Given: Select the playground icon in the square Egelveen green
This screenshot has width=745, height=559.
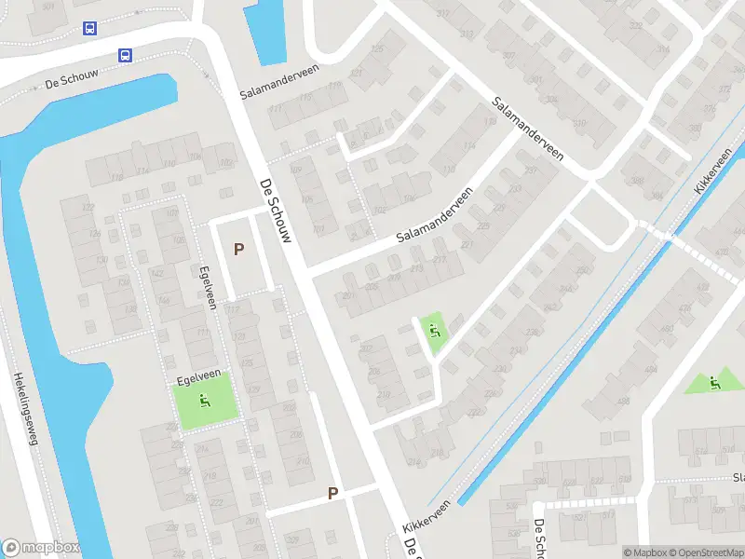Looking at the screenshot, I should [x=205, y=402].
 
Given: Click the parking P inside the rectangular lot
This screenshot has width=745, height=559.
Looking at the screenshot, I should [x=239, y=249].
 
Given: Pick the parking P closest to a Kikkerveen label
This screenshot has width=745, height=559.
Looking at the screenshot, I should [x=332, y=493].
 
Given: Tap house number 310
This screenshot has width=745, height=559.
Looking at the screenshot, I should [x=579, y=123].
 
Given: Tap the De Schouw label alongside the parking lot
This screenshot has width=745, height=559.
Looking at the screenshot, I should [x=277, y=210].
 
